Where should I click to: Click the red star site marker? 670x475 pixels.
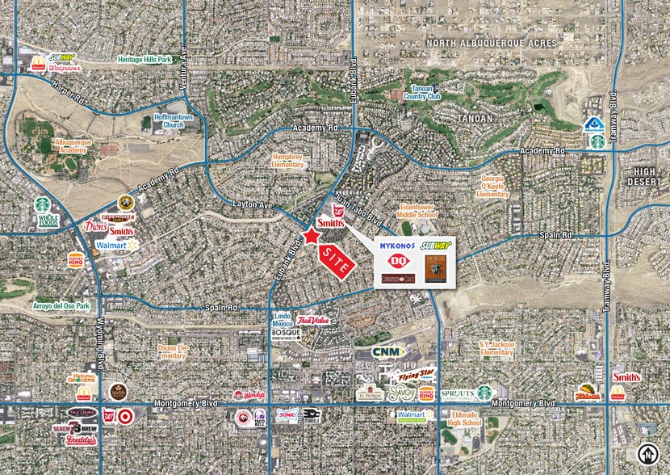(x=311, y=236)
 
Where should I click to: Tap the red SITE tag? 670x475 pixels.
(x=338, y=258)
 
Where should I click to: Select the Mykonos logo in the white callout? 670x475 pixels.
(x=396, y=244)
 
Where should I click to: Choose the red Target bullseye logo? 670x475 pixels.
(x=124, y=416)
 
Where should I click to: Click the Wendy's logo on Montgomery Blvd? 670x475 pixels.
(x=249, y=395)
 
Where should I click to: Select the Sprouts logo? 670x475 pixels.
(x=458, y=394)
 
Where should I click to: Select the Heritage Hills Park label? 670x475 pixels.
(x=145, y=59)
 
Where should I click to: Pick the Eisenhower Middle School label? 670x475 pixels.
(x=418, y=210)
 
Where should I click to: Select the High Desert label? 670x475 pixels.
(x=645, y=176)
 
